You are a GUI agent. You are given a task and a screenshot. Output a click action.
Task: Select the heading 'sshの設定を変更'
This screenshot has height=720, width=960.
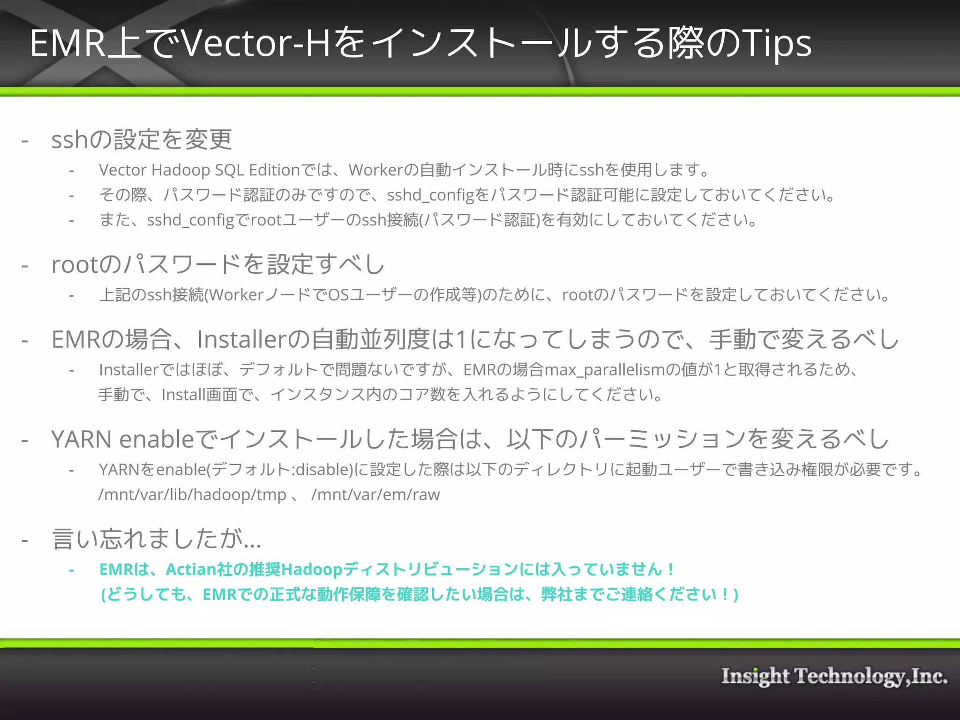click(142, 140)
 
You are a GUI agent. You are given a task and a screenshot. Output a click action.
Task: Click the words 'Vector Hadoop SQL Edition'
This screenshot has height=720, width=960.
click(199, 170)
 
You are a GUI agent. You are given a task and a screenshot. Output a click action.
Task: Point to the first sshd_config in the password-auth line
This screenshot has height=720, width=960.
click(431, 195)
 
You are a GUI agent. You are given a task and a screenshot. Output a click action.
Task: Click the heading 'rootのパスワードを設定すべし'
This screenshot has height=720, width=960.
click(218, 264)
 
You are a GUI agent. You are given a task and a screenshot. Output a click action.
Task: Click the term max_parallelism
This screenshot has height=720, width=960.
click(605, 370)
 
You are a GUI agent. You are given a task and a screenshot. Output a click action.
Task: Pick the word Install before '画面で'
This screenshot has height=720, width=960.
click(184, 395)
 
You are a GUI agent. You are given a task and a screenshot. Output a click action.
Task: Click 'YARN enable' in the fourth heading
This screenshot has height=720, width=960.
click(122, 439)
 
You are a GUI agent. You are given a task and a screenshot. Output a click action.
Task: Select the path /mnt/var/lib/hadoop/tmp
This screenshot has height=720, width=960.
click(192, 495)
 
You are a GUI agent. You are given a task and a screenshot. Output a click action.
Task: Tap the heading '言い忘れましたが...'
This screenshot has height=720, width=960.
click(156, 539)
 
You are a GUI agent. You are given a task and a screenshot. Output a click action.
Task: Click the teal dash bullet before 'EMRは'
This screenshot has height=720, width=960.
click(71, 570)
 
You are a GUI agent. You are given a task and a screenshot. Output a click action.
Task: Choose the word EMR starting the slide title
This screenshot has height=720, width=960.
click(68, 43)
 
